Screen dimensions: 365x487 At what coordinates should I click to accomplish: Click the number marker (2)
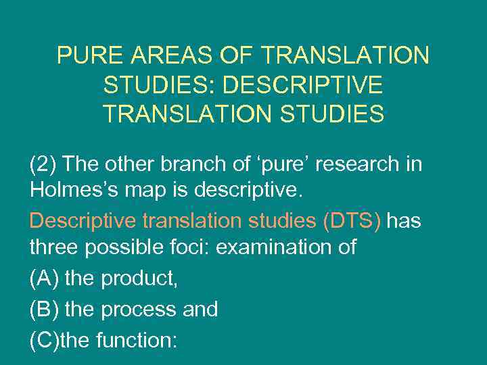click(44, 164)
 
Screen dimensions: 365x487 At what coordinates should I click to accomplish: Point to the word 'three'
click(53, 247)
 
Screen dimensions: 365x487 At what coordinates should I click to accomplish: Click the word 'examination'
click(277, 247)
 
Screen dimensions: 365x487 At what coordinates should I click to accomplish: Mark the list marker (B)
click(44, 310)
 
